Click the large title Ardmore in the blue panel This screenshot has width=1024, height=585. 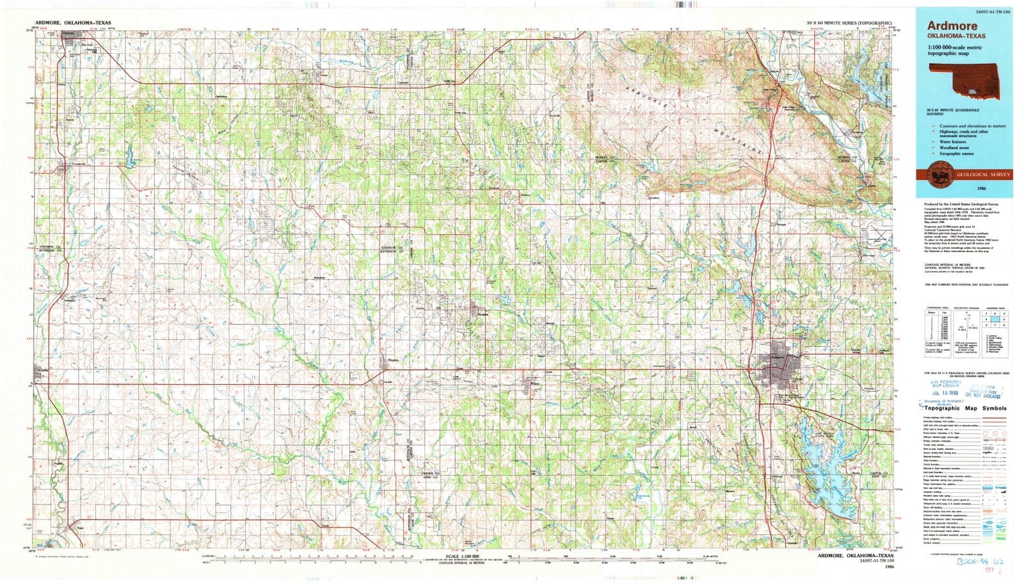point(950,26)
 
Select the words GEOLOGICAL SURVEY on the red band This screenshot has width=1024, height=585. point(983,174)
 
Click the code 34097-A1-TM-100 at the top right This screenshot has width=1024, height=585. point(984,12)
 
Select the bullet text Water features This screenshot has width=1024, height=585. point(956,141)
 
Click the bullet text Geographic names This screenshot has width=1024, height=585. point(957,154)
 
